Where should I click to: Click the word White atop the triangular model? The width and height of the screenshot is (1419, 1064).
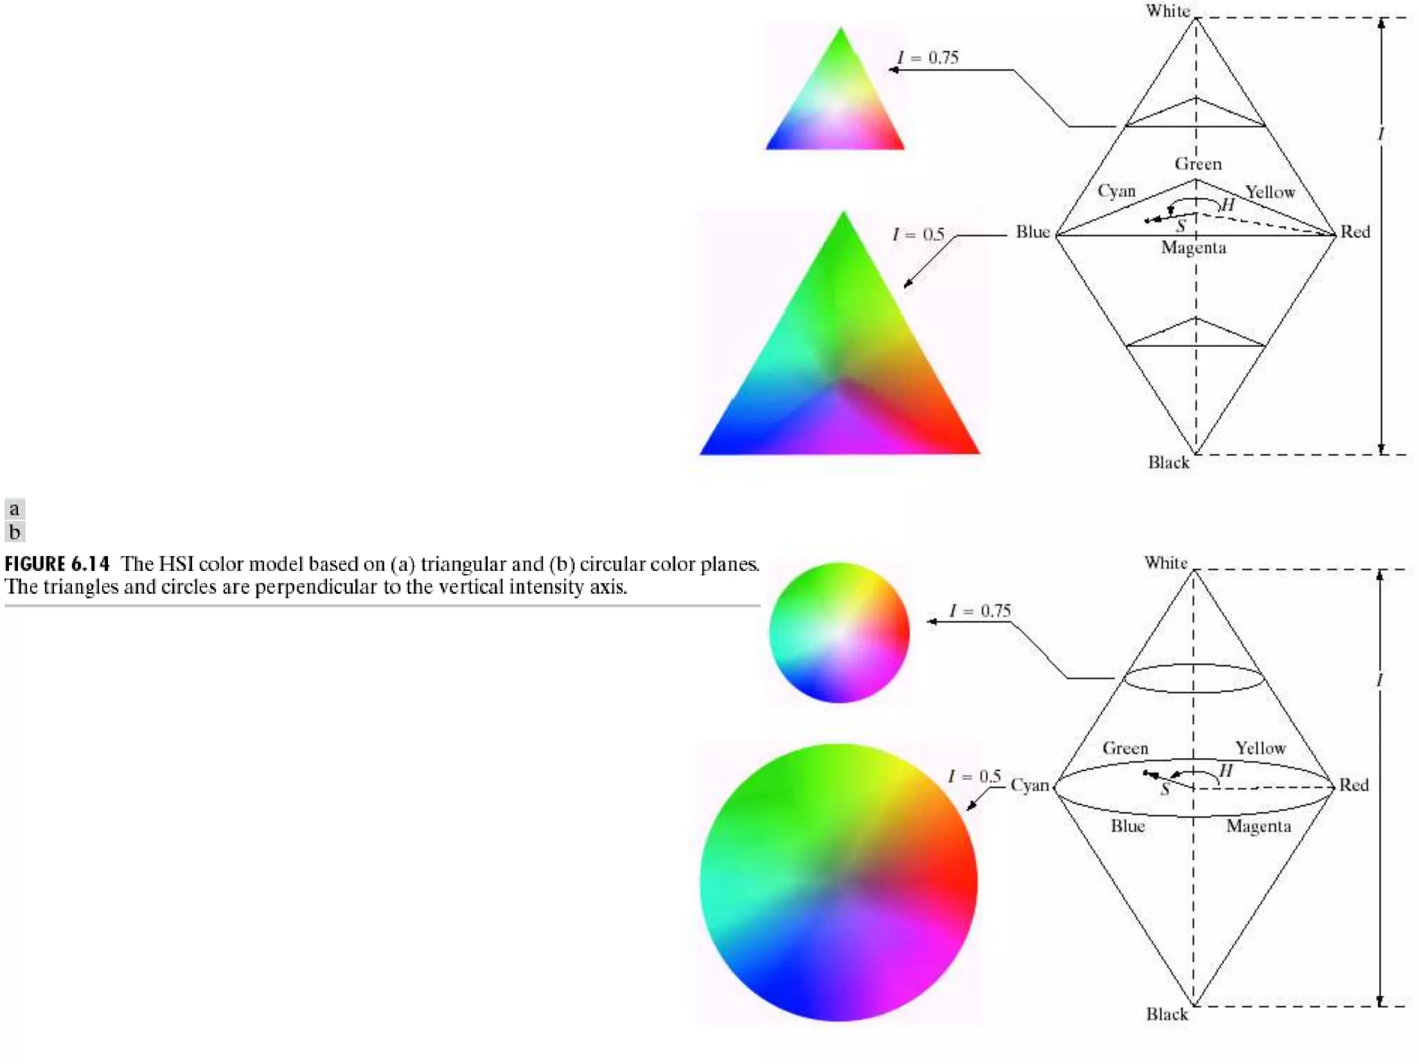click(1167, 11)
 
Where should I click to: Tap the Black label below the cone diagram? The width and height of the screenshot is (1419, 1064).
click(1167, 1014)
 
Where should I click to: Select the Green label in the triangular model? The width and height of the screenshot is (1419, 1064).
click(1198, 164)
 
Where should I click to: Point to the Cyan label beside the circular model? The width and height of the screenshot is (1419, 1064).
click(1030, 786)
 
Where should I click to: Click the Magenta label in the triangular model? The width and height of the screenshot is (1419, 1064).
click(1194, 248)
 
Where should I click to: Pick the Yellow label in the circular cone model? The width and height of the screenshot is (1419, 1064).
click(1260, 748)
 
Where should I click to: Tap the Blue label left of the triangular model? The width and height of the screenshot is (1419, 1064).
click(1033, 232)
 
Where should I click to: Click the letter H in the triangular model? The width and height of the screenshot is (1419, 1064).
click(1228, 205)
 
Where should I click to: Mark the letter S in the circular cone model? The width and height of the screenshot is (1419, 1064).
click(1165, 789)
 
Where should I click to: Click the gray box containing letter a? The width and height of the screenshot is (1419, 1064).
click(15, 509)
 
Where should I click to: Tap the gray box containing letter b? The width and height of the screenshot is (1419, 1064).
click(15, 532)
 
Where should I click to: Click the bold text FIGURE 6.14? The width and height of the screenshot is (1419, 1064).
click(58, 564)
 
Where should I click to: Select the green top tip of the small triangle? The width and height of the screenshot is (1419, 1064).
click(841, 35)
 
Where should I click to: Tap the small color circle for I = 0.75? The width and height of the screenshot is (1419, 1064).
click(839, 632)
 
